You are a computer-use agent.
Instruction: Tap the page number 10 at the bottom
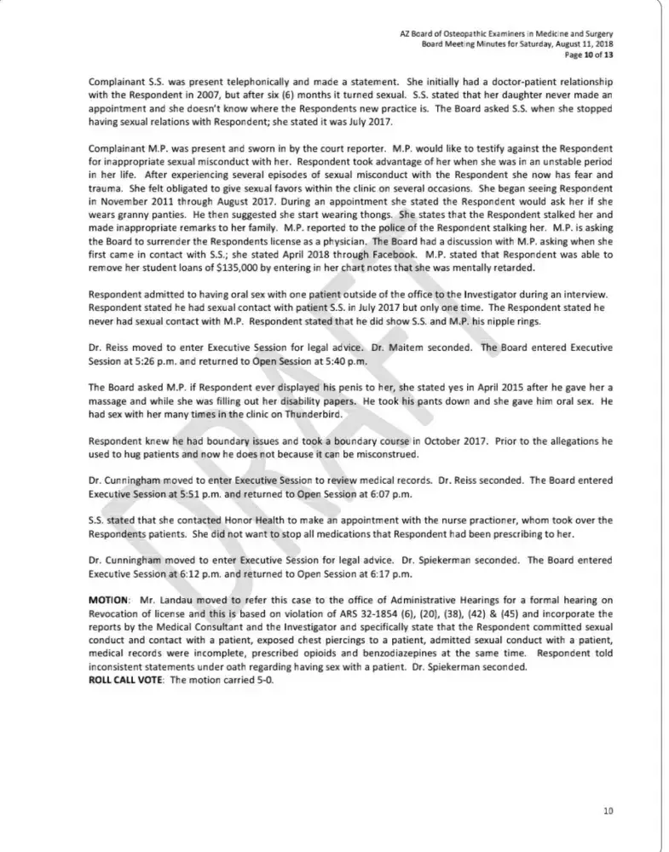pyautogui.click(x=608, y=810)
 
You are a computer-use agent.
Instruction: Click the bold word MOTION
pyautogui.click(x=108, y=601)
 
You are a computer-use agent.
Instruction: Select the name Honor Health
pyautogui.click(x=229, y=521)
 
